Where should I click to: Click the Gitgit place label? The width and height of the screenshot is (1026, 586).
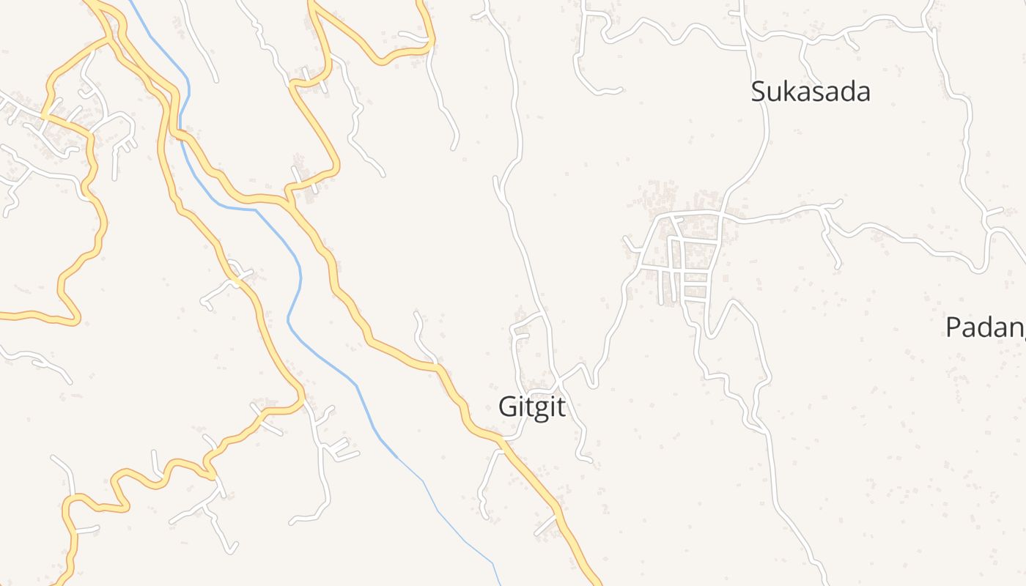click(x=532, y=407)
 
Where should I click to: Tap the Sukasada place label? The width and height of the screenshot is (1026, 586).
click(x=811, y=92)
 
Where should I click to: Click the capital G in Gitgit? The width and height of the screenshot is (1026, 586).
click(x=506, y=407)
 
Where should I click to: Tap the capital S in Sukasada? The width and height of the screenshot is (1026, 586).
click(x=759, y=92)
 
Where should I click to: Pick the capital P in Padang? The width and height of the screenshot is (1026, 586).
click(x=953, y=327)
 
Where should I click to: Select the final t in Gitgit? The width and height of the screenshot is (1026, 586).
click(x=561, y=407)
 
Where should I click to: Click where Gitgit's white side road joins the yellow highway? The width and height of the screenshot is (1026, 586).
click(x=503, y=438)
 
